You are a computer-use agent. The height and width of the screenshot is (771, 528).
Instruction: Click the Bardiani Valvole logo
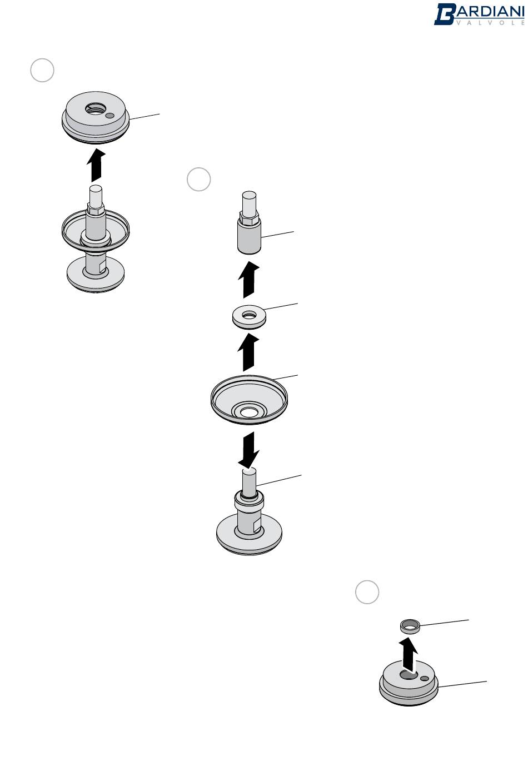(479, 14)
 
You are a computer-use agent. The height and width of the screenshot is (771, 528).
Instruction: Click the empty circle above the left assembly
(42, 70)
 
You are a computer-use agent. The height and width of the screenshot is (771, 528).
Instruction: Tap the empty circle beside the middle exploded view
(198, 180)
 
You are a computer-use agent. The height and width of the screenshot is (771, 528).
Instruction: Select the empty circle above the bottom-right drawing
(367, 592)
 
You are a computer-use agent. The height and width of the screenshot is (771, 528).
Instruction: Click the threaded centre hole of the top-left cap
(96, 109)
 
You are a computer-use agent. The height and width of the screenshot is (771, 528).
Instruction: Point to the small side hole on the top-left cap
(110, 116)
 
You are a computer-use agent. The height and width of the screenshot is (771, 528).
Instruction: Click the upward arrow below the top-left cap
(96, 165)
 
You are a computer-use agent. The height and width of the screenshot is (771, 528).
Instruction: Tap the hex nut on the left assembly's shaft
(96, 208)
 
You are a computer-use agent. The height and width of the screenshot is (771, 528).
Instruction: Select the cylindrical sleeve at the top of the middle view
(249, 236)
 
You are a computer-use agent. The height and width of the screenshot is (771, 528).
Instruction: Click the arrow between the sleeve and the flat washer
(248, 280)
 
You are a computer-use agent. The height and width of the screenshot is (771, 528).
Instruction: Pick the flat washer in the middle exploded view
(249, 317)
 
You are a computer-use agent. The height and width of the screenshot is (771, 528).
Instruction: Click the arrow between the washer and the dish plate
(248, 353)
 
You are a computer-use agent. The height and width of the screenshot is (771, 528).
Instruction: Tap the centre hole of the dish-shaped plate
(248, 411)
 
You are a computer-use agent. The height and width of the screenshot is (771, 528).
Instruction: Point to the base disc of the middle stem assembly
(249, 536)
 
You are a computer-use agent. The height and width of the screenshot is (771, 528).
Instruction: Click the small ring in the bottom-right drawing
(410, 626)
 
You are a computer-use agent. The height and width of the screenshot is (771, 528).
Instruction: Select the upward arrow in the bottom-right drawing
(409, 655)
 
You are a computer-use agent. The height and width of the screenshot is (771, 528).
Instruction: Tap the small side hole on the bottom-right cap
(425, 678)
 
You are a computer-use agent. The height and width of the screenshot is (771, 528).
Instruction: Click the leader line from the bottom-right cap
(462, 684)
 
